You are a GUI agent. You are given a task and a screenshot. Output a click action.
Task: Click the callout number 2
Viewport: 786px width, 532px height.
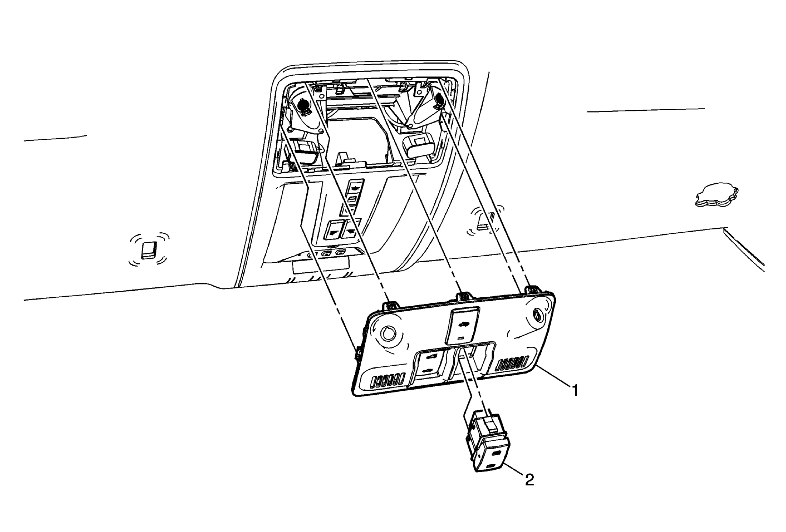[530, 480]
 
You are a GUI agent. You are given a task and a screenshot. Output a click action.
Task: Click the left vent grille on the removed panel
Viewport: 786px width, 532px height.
[386, 381]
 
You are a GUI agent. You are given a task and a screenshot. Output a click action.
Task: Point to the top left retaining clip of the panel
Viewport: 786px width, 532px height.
[392, 305]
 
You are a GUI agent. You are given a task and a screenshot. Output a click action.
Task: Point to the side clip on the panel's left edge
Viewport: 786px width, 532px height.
[358, 355]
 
